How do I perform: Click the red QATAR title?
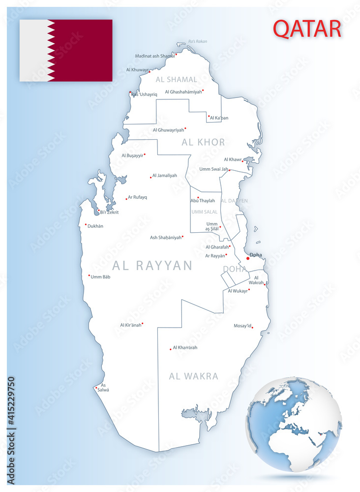tap(307, 29)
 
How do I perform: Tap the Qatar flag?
tap(66, 50)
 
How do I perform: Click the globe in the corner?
tap(294, 424)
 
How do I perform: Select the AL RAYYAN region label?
tap(152, 266)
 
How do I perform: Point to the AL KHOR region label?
tap(203, 142)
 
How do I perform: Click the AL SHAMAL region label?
tap(176, 79)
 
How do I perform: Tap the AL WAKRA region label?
tap(193, 376)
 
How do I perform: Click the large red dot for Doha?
tap(248, 258)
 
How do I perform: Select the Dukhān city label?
tap(95, 226)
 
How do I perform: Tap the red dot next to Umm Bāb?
tap(89, 276)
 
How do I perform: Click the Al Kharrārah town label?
tap(185, 348)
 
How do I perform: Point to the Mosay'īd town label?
tap(242, 326)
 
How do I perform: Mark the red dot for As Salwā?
tap(96, 388)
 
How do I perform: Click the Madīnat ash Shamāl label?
tap(154, 56)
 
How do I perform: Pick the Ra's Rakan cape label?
tap(198, 41)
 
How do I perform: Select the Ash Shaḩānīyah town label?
tap(166, 238)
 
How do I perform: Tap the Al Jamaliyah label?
tap(165, 176)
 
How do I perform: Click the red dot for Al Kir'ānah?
tap(143, 324)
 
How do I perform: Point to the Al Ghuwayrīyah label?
tap(168, 130)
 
